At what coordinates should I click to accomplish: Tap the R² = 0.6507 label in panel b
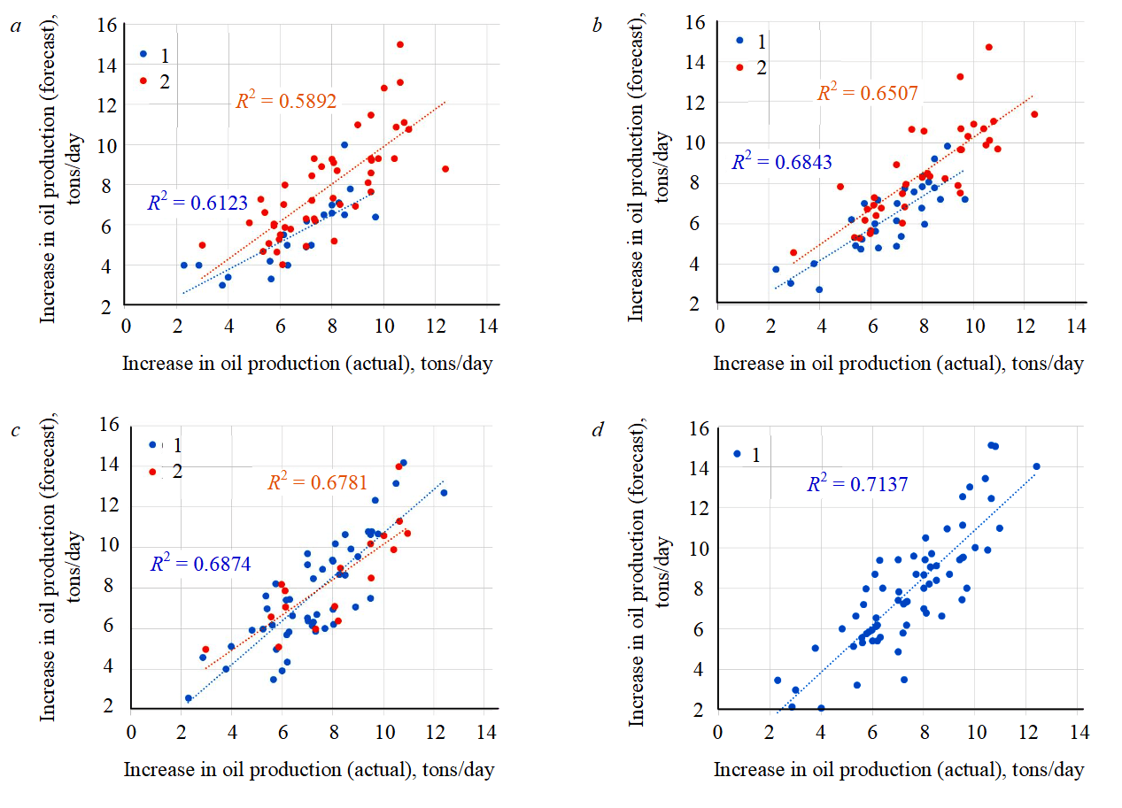(867, 93)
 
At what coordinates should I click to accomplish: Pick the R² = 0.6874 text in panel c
(196, 563)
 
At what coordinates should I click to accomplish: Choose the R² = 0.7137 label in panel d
(856, 484)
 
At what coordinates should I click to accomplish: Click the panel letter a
(15, 27)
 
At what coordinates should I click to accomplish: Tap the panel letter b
(597, 25)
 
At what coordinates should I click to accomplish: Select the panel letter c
(15, 430)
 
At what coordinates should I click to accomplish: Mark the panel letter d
(598, 430)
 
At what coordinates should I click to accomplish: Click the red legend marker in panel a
(143, 81)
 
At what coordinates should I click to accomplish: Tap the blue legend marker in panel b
(739, 40)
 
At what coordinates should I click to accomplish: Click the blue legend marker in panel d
(737, 454)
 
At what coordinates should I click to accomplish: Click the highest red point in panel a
(399, 44)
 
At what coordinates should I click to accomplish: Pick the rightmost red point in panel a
(445, 168)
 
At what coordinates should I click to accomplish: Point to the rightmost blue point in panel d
(1036, 466)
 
